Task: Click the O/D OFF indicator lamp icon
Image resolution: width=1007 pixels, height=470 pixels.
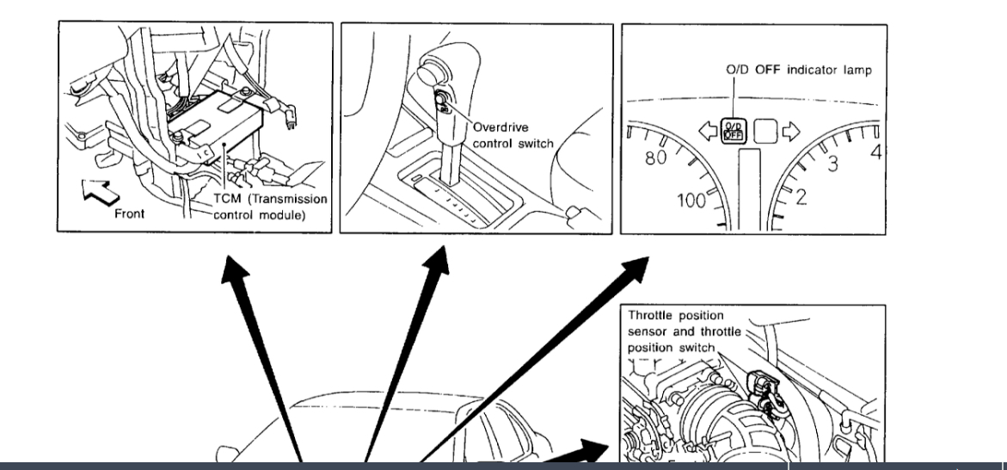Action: point(735,132)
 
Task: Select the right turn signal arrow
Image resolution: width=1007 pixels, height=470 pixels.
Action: point(790,132)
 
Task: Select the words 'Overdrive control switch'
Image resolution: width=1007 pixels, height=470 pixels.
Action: point(513,135)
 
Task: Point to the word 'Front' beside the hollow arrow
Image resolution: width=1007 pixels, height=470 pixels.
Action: point(130,213)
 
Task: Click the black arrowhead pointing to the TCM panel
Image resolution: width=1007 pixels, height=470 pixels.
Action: point(230,269)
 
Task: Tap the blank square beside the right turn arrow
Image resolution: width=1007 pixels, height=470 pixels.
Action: point(765,132)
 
